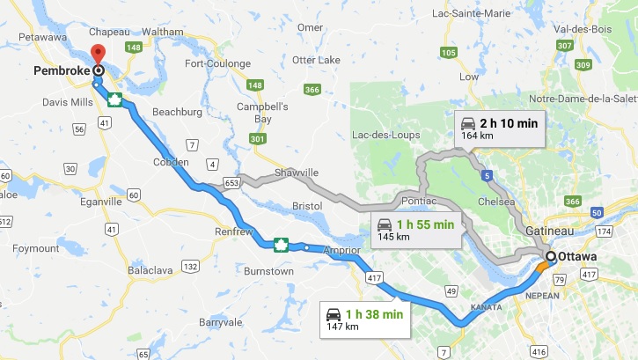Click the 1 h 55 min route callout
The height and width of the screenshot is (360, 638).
point(416,229)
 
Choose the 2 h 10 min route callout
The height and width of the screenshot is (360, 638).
point(499,128)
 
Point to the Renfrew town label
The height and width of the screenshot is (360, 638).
point(235,232)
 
